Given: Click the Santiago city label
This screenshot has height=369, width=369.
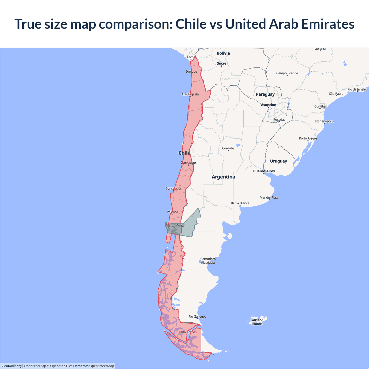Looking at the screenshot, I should click(x=188, y=163).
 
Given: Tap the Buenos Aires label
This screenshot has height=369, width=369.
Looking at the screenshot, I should click(x=264, y=171).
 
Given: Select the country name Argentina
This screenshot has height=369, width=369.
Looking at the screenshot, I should click(x=223, y=177).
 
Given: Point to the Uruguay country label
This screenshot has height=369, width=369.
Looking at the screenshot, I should click(x=278, y=161).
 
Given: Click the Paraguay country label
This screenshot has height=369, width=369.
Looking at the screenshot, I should click(x=265, y=94).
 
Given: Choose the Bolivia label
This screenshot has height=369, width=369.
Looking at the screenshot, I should click(x=223, y=53).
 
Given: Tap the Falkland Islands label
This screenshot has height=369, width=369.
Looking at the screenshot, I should click(x=257, y=322).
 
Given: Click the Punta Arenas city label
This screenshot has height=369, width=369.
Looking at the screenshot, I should click(x=187, y=332).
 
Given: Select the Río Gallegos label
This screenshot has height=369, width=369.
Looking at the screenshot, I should click(x=197, y=317).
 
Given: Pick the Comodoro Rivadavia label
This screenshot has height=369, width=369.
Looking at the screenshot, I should click(x=208, y=261).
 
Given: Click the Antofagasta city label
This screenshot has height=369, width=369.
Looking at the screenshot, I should click(x=190, y=94).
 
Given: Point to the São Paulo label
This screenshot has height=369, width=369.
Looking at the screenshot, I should click(x=336, y=94).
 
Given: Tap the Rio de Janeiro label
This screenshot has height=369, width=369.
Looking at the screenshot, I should click(x=357, y=89).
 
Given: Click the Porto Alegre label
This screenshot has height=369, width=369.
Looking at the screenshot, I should click(x=308, y=138).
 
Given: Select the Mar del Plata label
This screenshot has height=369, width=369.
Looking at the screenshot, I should click(x=269, y=197).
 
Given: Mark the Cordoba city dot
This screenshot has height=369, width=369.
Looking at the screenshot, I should click(x=228, y=150).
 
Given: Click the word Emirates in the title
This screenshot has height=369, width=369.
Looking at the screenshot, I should click(x=328, y=24).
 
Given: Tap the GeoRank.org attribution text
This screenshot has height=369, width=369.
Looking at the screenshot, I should click(x=12, y=366).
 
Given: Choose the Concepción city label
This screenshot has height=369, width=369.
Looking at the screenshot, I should click(x=174, y=189).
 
